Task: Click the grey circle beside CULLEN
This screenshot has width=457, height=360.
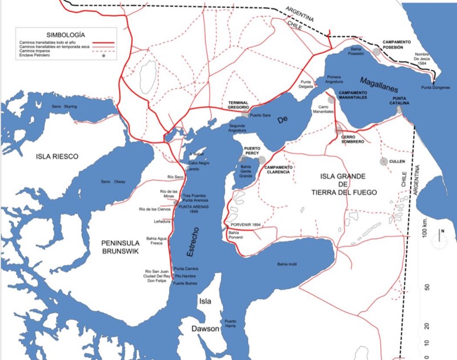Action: click(x=384, y=162)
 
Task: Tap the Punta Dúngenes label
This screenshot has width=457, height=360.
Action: click(x=435, y=87)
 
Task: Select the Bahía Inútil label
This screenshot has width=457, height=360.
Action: click(x=288, y=264)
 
